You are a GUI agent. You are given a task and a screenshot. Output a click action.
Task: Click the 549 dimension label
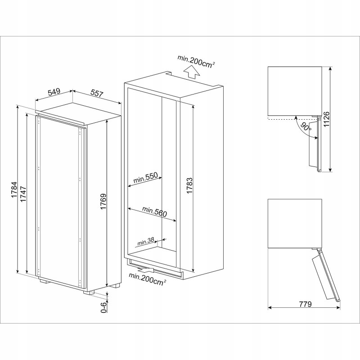54,92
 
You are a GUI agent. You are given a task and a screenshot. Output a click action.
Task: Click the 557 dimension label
97,93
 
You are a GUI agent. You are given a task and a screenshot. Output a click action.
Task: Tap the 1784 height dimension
14,190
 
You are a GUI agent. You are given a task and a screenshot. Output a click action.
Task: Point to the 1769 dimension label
103,202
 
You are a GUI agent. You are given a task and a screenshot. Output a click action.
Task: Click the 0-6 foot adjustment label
104,307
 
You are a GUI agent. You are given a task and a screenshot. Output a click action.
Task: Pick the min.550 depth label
145,177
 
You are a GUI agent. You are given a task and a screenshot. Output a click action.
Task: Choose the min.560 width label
154,211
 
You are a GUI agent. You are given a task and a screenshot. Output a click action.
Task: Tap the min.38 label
145,241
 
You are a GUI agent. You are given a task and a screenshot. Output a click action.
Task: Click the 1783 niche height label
189,185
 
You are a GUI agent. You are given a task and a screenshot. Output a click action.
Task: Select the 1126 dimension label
326,119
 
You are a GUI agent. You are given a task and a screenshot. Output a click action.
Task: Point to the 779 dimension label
306,304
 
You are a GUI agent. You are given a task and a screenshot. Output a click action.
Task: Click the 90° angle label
306,127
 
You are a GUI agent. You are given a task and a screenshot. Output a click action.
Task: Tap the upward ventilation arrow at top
192,72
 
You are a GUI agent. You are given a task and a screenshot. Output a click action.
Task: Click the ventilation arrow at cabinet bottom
145,268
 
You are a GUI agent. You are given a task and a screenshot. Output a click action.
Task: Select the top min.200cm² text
196,61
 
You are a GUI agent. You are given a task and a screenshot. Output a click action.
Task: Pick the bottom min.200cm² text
148,279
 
